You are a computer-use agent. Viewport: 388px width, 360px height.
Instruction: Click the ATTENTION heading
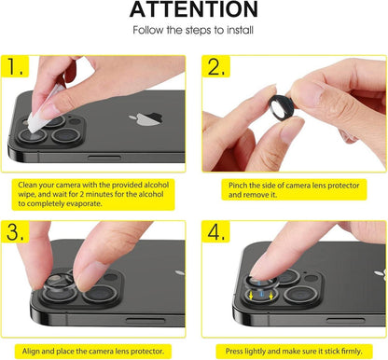click(193, 9)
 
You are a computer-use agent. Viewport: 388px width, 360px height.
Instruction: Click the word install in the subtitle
click(240, 30)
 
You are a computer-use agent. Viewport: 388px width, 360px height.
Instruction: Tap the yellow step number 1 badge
click(15, 66)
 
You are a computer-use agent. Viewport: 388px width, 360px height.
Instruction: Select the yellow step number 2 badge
click(215, 66)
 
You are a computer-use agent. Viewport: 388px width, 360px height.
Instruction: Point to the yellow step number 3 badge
click(15, 231)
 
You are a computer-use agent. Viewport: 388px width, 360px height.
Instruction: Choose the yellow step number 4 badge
click(215, 231)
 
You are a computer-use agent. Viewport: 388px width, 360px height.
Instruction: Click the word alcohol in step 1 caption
click(156, 185)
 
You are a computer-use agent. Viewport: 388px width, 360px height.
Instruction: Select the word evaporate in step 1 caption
click(86, 204)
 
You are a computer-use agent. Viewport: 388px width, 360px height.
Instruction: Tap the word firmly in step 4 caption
click(352, 352)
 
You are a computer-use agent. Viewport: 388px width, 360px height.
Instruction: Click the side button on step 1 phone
click(104, 158)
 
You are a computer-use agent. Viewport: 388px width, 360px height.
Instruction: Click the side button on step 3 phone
click(145, 321)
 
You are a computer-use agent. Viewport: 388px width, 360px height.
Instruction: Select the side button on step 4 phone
click(345, 321)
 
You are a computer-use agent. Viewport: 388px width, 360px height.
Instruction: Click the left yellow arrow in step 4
click(251, 296)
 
